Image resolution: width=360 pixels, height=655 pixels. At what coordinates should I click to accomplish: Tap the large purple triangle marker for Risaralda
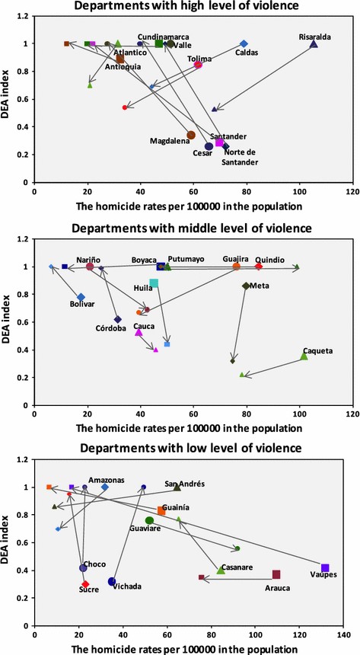click(x=314, y=44)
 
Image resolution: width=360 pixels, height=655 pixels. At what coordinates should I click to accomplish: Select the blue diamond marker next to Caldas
click(x=244, y=44)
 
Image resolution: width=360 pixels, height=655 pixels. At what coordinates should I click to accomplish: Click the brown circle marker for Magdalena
click(x=191, y=135)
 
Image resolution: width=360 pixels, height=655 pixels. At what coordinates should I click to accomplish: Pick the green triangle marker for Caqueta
click(x=304, y=356)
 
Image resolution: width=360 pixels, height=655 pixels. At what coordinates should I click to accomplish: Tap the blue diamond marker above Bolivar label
click(x=81, y=297)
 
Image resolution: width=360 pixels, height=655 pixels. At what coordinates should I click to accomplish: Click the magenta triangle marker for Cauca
click(x=139, y=332)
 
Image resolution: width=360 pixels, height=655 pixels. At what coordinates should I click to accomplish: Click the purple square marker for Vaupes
click(x=325, y=568)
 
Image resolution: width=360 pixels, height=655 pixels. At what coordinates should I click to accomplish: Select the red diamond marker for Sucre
click(x=85, y=584)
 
